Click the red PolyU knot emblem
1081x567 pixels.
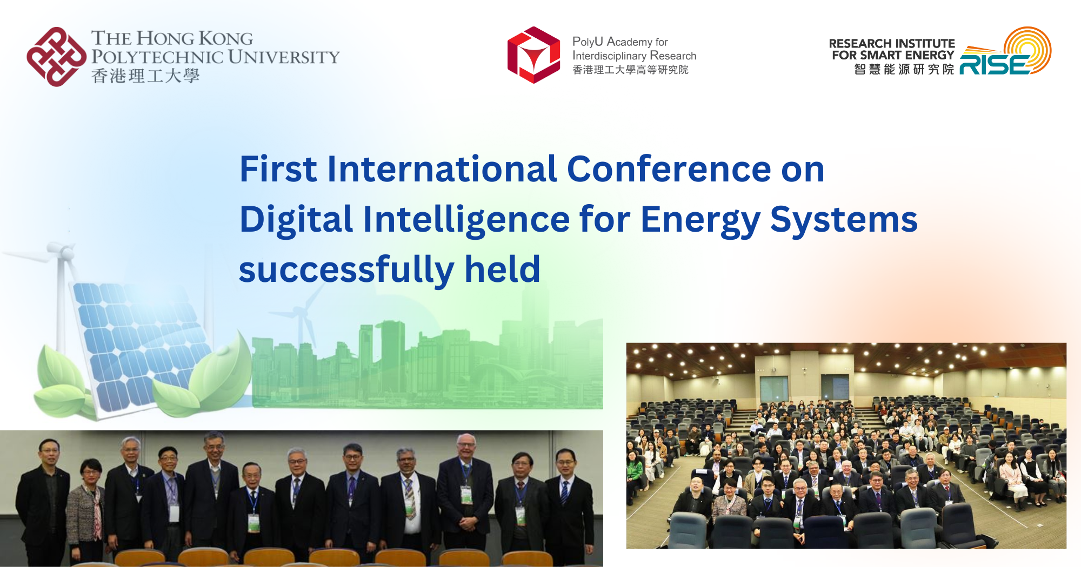(56, 57)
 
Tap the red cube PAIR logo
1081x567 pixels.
(533, 55)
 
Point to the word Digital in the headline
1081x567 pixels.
(296, 220)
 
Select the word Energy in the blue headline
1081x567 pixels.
(700, 220)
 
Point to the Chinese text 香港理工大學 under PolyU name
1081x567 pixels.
(145, 76)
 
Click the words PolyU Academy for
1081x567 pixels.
(620, 42)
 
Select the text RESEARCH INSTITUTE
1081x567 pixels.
(891, 43)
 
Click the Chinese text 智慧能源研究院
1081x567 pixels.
(904, 69)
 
